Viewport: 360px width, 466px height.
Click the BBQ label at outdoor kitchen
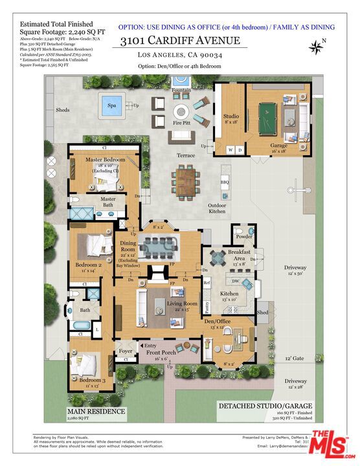(225, 182)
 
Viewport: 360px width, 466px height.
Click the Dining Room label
(128, 247)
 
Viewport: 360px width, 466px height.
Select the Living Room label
(182, 304)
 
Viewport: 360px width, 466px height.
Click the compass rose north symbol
(317, 46)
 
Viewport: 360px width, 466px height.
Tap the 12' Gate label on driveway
(295, 358)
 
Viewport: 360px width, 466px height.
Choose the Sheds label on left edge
(63, 110)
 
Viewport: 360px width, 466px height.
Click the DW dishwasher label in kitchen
(236, 281)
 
